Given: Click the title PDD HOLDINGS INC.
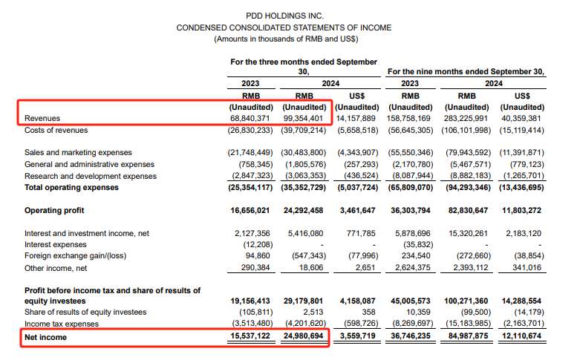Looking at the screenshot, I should [x=284, y=15].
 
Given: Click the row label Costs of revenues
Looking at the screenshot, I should [x=56, y=130].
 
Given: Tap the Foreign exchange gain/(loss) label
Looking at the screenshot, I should [x=73, y=255].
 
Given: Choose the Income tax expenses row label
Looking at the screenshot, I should [x=62, y=324].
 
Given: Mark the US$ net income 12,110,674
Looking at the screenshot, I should [x=521, y=338].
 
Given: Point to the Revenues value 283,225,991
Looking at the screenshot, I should [x=466, y=118].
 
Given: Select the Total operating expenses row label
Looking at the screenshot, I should [x=73, y=188].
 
